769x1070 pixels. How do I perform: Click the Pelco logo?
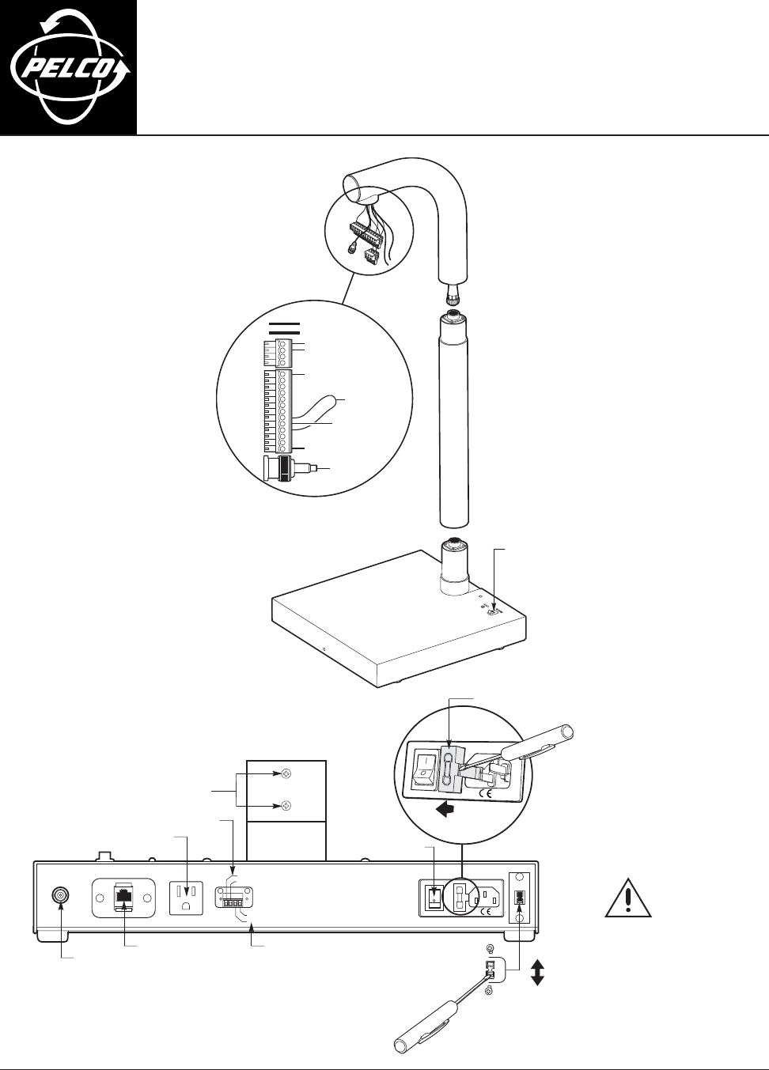coord(68,67)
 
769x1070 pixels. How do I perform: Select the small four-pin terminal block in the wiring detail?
coord(275,352)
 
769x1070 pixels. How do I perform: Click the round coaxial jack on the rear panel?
coord(60,895)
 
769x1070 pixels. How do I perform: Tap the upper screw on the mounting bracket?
coord(286,776)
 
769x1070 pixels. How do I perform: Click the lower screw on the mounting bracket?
coord(286,806)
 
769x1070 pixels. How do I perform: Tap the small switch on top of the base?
coord(493,610)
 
